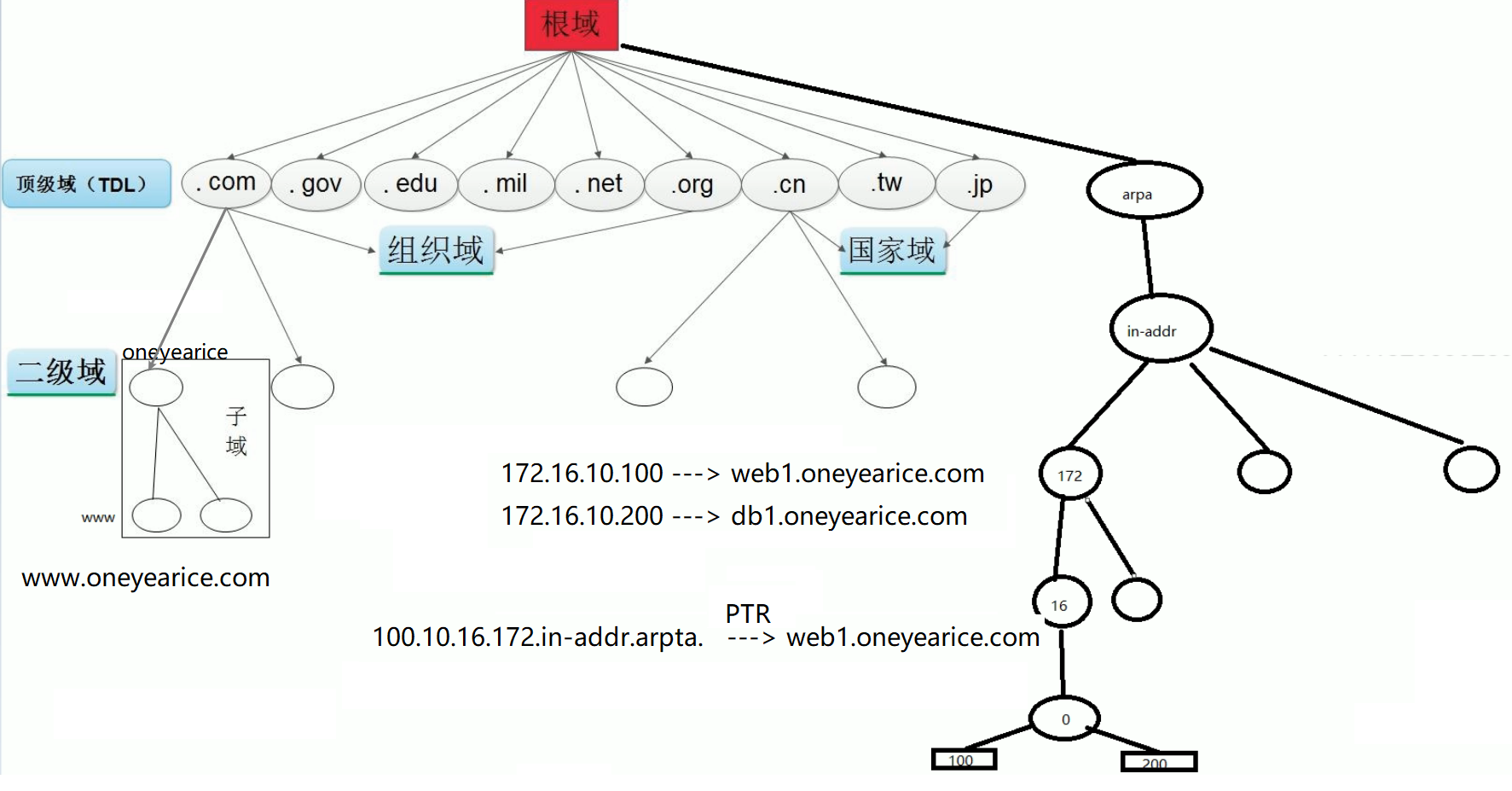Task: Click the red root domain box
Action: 571,25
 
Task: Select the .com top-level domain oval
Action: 226,183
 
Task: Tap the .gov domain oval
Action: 316,184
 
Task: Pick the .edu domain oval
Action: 410,184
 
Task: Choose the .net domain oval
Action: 599,184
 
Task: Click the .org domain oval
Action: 692,185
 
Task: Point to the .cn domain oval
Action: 789,185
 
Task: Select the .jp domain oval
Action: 980,184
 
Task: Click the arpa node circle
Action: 1144,191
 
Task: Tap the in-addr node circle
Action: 1161,329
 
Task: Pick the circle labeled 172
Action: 1070,474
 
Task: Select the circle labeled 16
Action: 1062,602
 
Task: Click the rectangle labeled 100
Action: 964,759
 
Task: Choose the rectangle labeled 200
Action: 1158,762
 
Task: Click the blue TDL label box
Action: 86,183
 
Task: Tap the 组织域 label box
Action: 436,250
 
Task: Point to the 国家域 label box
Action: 892,250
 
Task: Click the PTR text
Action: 747,614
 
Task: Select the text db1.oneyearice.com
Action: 849,516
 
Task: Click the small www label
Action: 98,517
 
